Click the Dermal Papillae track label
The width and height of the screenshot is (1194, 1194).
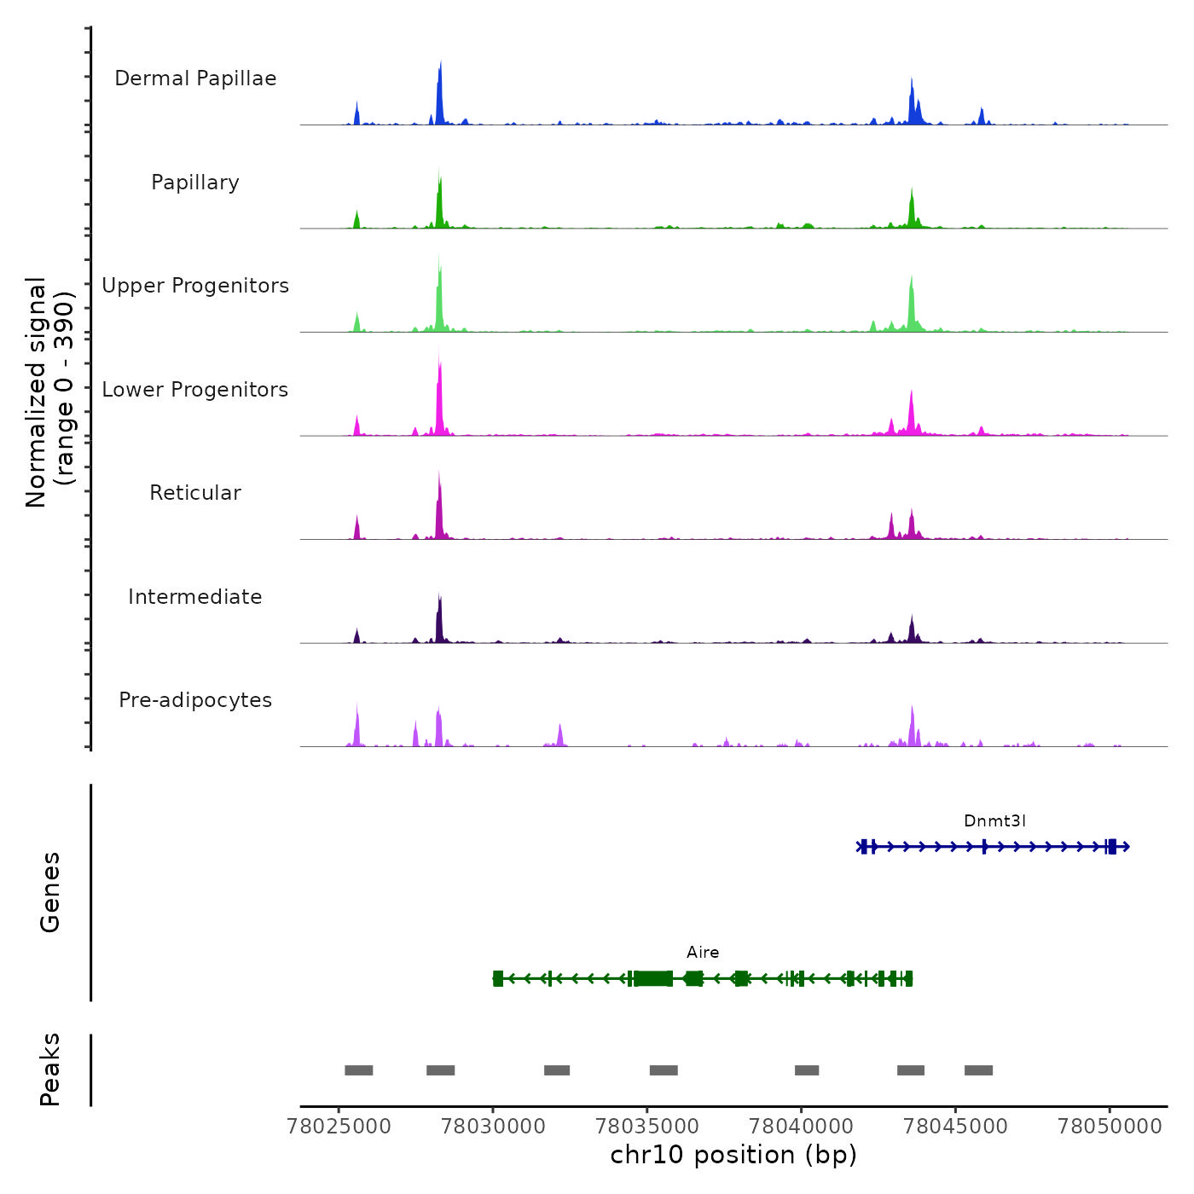coord(195,78)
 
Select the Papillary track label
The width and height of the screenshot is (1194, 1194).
coord(195,183)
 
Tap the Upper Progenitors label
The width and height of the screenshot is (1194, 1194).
coord(195,286)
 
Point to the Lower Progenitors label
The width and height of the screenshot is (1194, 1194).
coord(195,390)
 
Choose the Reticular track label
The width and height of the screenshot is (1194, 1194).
coord(195,493)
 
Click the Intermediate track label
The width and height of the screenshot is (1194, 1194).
coord(195,597)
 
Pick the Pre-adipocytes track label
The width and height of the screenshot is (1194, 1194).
coord(195,700)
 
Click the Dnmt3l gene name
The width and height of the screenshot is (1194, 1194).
coord(994,821)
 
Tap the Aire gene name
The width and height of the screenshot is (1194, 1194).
coord(703,953)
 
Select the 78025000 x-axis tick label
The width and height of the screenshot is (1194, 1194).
coord(339,1127)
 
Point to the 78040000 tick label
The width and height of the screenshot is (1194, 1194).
coord(802,1127)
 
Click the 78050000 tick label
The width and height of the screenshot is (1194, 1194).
coord(1110,1127)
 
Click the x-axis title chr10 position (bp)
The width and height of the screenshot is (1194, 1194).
coord(733,1156)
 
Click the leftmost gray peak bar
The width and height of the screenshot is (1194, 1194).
coord(359,1070)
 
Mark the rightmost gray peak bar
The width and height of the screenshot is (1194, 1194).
coord(978,1070)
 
